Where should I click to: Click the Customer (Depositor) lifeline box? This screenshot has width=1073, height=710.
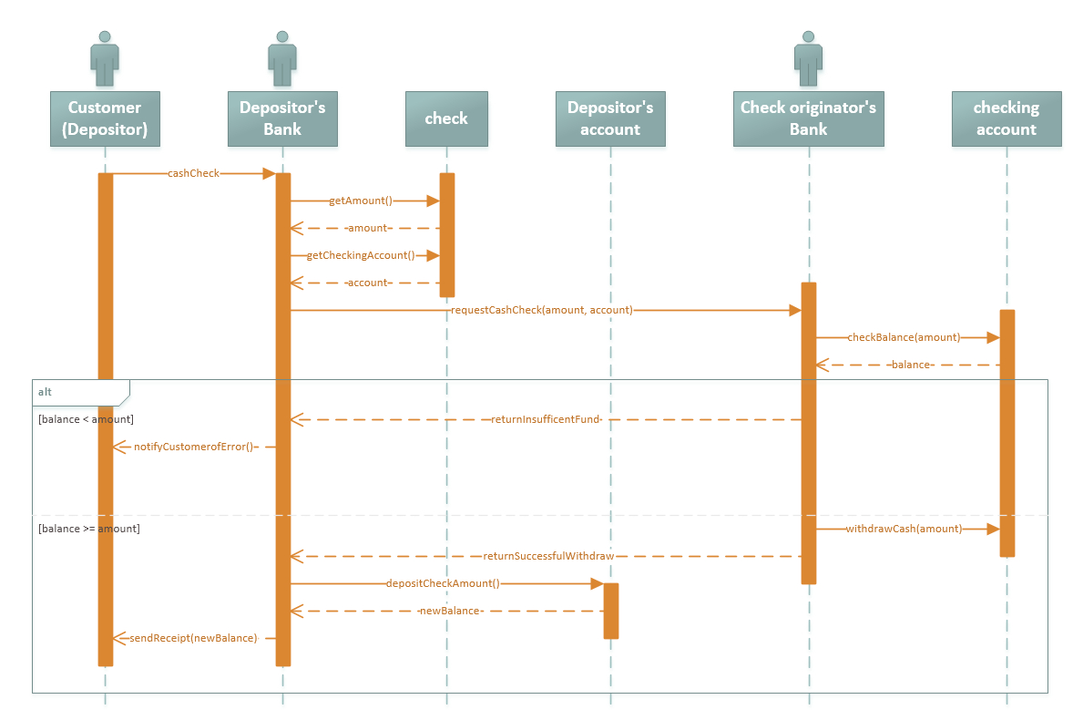click(x=105, y=118)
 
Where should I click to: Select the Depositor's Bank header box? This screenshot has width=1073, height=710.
click(x=282, y=118)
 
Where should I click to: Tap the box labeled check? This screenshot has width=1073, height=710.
click(x=446, y=118)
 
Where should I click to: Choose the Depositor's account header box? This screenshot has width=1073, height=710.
click(x=610, y=118)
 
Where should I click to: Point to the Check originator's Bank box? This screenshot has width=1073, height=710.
click(x=808, y=118)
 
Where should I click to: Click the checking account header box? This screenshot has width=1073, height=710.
click(x=1006, y=118)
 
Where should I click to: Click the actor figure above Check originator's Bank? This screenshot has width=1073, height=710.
click(x=808, y=59)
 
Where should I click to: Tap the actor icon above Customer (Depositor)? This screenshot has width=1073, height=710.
click(x=105, y=59)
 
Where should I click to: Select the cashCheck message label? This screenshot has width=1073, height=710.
click(x=194, y=173)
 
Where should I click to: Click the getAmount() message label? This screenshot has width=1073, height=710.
click(x=361, y=201)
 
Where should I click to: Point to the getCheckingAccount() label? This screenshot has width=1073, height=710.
click(x=361, y=255)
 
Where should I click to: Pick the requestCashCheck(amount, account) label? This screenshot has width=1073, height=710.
click(x=541, y=310)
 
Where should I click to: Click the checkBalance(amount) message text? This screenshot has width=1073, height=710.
click(x=904, y=337)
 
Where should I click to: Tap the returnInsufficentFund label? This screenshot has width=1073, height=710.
click(x=546, y=419)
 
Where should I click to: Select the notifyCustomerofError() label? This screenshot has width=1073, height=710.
click(x=194, y=447)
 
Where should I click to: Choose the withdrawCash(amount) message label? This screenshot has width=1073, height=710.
click(x=904, y=529)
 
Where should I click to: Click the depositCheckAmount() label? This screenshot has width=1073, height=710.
click(x=443, y=583)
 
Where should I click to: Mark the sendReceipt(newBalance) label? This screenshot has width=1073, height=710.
click(x=194, y=638)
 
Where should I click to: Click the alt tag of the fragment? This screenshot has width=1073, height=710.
click(x=46, y=392)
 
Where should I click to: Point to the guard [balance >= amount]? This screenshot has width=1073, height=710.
click(x=89, y=529)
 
